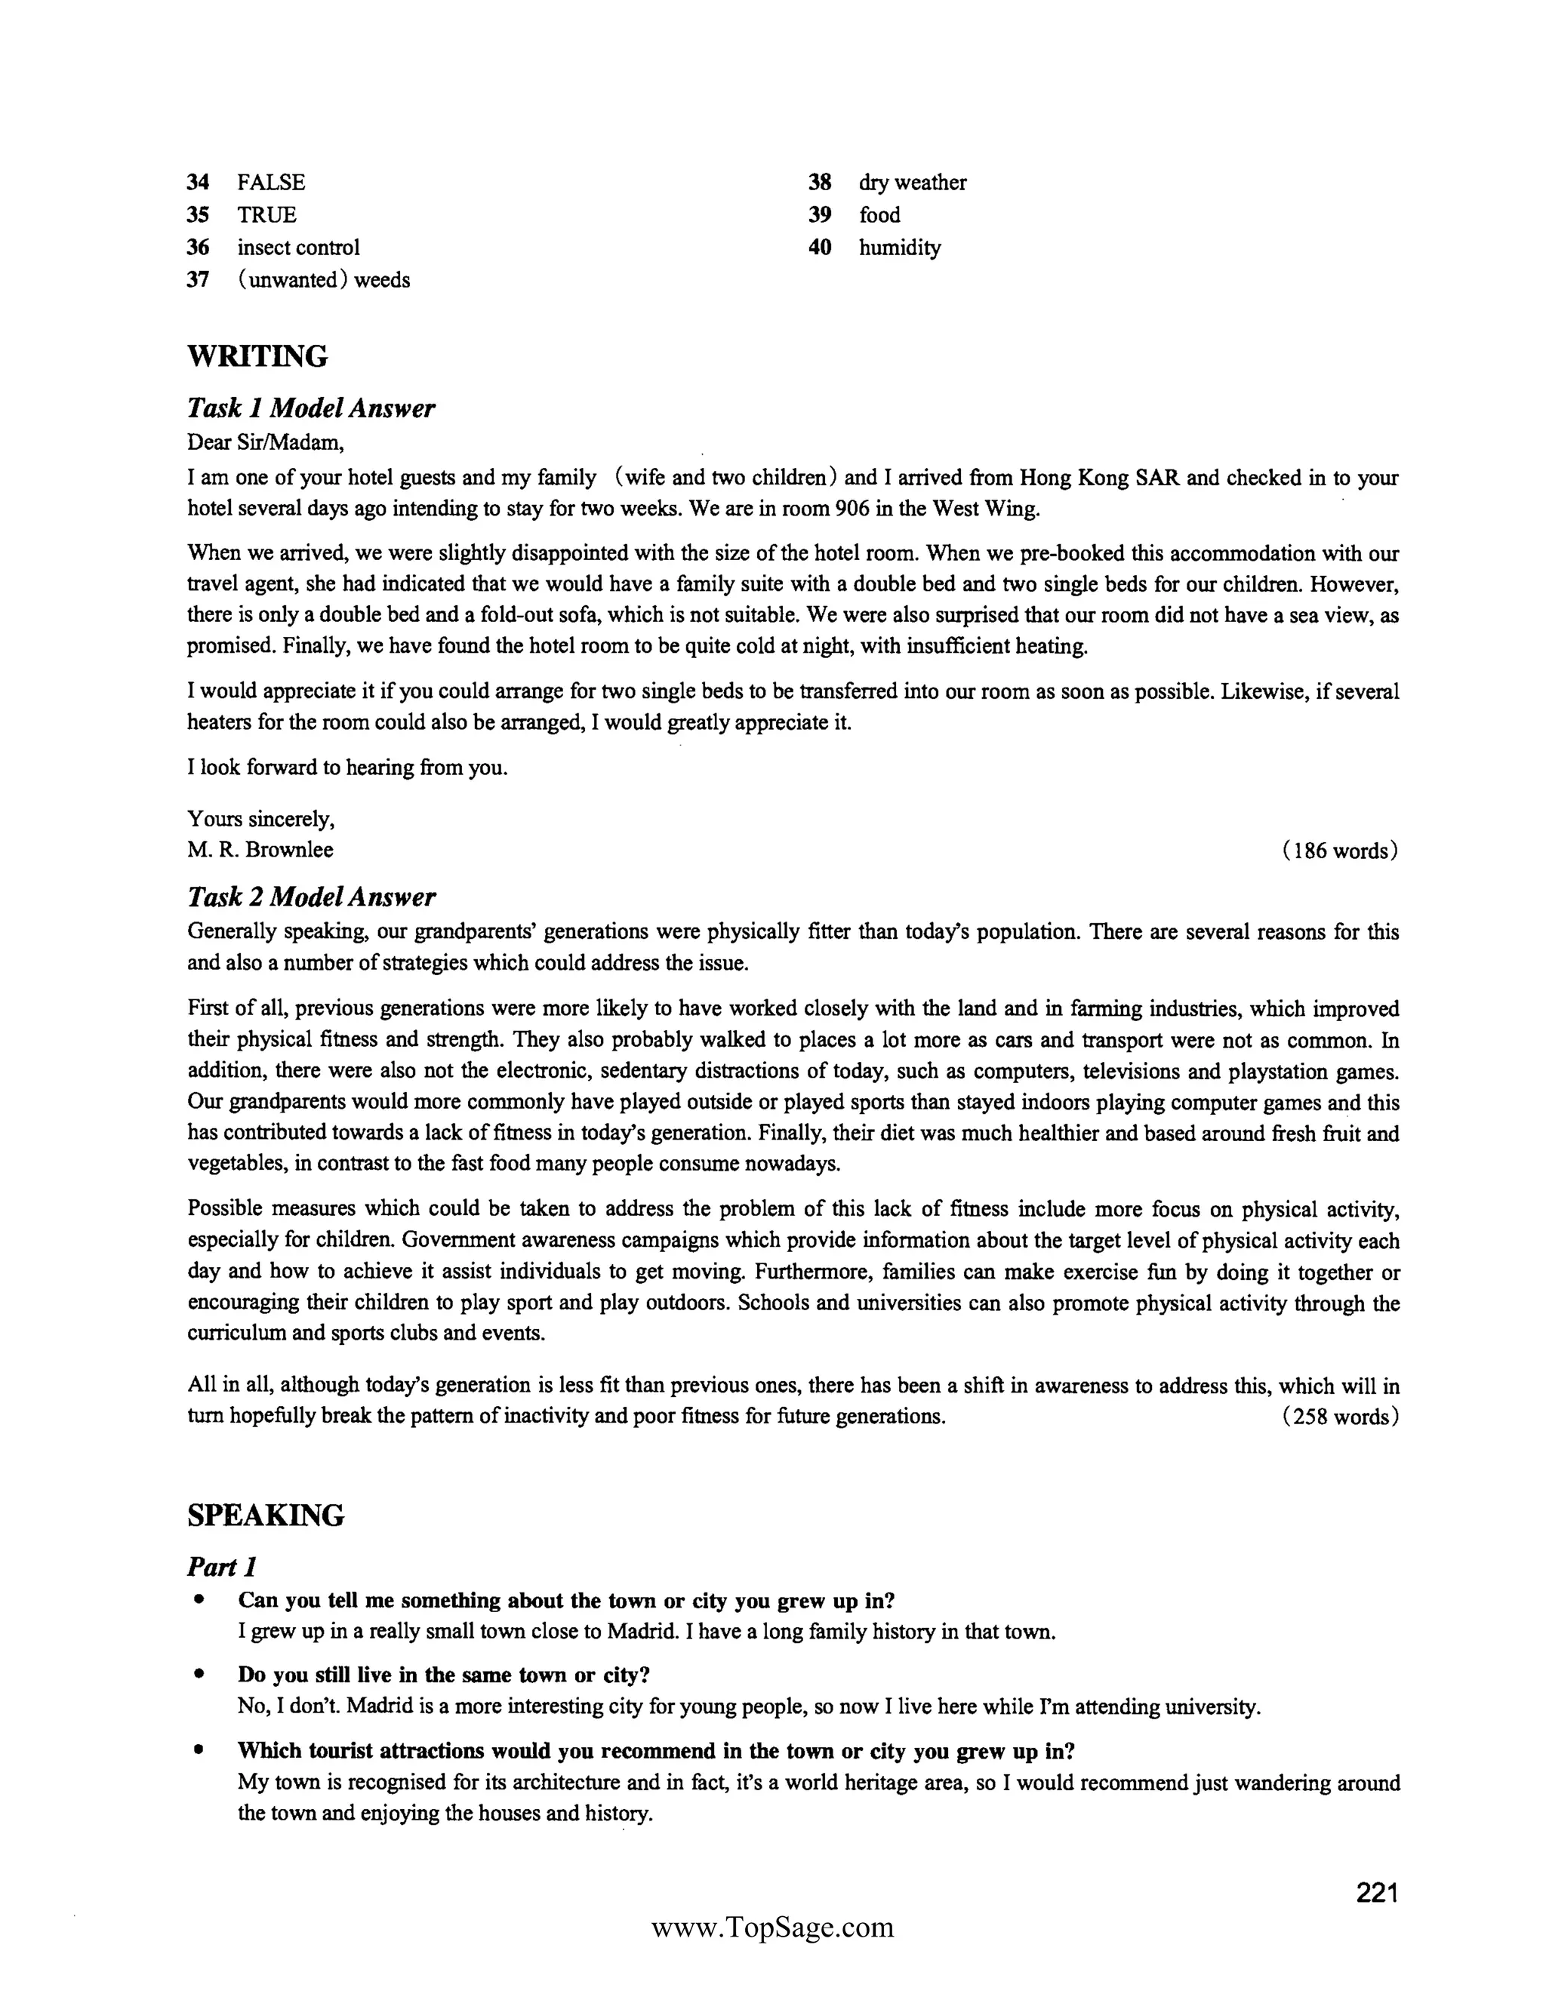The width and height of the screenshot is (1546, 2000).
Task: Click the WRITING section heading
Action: (x=257, y=356)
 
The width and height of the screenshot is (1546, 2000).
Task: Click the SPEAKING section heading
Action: (x=266, y=1515)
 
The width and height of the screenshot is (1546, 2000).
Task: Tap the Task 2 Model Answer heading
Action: (x=312, y=897)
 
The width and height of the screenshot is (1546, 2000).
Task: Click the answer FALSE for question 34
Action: (x=271, y=182)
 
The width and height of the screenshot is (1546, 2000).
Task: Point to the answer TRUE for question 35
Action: (x=266, y=215)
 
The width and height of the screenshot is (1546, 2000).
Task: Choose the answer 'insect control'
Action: (x=299, y=248)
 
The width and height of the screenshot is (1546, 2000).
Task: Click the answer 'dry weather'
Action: (x=912, y=182)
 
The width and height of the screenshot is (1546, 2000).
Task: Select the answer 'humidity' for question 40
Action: (x=899, y=248)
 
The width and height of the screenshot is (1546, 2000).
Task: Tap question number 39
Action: (x=820, y=215)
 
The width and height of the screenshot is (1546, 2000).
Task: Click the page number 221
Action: (x=1377, y=1893)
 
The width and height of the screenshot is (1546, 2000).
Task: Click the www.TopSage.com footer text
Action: (x=772, y=1928)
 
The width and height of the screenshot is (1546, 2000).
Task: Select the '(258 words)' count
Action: (x=1340, y=1417)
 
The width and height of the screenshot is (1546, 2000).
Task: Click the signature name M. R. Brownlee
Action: (x=260, y=850)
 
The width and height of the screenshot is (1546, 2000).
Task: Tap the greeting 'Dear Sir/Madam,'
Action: (x=266, y=442)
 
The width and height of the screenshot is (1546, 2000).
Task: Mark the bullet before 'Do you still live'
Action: (x=198, y=1674)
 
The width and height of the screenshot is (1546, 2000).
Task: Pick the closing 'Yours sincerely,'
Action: (x=261, y=818)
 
